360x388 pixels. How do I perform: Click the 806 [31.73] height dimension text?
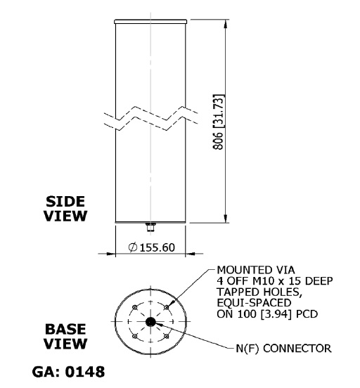pyautogui.click(x=219, y=122)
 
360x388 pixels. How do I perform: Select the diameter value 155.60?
pyautogui.click(x=157, y=247)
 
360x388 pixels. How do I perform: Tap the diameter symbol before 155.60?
pyautogui.click(x=133, y=247)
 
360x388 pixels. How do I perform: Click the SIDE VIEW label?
pyautogui.click(x=65, y=209)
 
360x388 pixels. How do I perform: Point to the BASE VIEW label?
pyautogui.click(x=65, y=336)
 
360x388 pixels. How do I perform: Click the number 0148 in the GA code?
pyautogui.click(x=85, y=372)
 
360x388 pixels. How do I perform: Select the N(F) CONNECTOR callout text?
pyautogui.click(x=283, y=349)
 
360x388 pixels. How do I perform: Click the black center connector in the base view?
pyautogui.click(x=150, y=322)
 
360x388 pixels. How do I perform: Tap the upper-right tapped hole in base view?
pyautogui.click(x=167, y=307)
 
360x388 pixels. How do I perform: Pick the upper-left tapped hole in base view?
pyautogui.click(x=135, y=307)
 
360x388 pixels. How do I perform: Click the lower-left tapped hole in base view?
pyautogui.click(x=135, y=337)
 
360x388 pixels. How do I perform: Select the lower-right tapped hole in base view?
pyautogui.click(x=167, y=337)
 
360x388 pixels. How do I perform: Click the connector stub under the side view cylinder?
pyautogui.click(x=150, y=227)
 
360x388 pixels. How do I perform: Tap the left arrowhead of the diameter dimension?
pyautogui.click(x=110, y=254)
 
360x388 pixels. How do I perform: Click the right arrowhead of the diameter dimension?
pyautogui.click(x=191, y=254)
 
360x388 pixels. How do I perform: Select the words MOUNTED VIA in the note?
pyautogui.click(x=256, y=270)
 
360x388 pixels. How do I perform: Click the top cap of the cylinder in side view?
pyautogui.click(x=150, y=22)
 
